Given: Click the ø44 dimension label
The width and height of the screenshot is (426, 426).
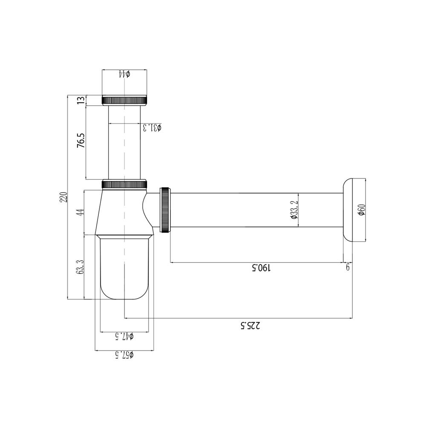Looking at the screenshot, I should [x=124, y=74].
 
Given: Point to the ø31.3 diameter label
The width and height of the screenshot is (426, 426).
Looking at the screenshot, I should [x=152, y=127].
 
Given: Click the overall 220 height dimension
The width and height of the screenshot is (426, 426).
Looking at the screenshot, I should [x=63, y=198].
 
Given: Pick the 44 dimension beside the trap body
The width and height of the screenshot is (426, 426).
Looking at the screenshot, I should [x=80, y=212].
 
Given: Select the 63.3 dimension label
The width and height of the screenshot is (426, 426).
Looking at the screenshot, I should [x=80, y=268].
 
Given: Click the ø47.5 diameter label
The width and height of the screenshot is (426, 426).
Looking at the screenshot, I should [x=124, y=337].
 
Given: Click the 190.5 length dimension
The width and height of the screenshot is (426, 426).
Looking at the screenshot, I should [x=261, y=268].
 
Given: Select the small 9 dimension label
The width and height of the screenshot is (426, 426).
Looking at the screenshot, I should [x=348, y=267].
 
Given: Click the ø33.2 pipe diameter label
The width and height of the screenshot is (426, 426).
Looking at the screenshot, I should [x=294, y=210].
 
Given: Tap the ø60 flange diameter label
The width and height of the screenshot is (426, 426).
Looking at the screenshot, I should [x=361, y=210].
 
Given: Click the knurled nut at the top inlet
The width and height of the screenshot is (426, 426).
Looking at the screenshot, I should [x=125, y=101].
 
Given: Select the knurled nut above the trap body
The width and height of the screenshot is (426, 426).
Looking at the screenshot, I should [x=125, y=184].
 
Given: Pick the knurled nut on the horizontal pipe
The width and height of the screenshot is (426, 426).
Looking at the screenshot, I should [x=165, y=210].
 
